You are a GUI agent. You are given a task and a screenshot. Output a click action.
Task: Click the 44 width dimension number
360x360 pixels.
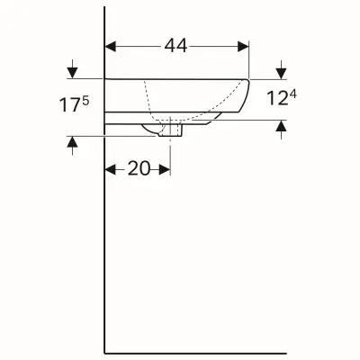click(176, 44)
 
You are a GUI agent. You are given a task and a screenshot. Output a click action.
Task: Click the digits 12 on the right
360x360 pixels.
click(275, 98)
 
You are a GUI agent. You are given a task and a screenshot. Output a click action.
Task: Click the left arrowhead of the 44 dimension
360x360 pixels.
click(111, 44)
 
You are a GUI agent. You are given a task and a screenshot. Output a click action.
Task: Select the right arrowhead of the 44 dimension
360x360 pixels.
click(244, 44)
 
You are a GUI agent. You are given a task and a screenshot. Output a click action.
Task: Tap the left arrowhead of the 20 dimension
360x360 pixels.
click(111, 168)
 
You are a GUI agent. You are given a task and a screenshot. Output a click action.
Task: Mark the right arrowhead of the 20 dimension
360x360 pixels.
click(166, 168)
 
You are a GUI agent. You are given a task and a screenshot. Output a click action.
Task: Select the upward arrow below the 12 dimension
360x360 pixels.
click(283, 126)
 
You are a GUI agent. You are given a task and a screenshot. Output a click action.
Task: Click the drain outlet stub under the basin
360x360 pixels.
click(171, 131)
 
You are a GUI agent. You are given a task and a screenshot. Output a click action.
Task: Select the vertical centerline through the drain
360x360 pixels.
click(171, 153)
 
